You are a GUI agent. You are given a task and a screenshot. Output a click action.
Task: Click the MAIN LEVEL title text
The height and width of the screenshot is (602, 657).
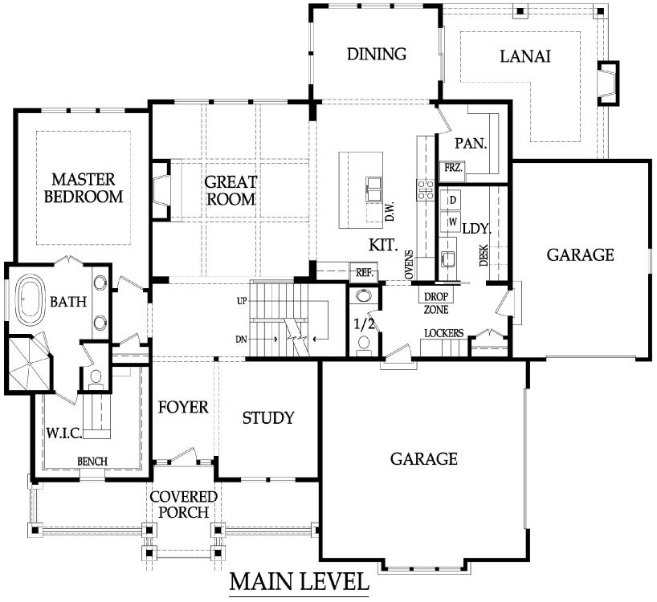(x=299, y=582)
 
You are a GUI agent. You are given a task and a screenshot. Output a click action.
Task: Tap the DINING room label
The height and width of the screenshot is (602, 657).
(x=377, y=54)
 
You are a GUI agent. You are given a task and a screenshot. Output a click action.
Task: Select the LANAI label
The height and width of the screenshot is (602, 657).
(x=525, y=56)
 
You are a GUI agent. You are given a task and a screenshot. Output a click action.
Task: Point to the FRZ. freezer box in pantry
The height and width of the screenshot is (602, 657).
(x=452, y=169)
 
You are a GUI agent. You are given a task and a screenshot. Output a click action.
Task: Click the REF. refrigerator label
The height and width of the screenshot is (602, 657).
(x=365, y=273)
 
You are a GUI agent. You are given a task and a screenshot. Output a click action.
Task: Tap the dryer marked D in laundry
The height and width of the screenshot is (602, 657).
(x=451, y=200)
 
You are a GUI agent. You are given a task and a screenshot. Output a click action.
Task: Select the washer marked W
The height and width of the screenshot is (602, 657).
(x=451, y=222)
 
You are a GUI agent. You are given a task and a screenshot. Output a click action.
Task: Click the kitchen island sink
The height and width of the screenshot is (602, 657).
(x=373, y=189)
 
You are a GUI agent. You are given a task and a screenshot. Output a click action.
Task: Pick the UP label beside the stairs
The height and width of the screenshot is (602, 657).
(x=242, y=301)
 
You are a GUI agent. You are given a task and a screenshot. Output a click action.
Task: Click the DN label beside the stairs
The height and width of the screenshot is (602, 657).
(x=241, y=340)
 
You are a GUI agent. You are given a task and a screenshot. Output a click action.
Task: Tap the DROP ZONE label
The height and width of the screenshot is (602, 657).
(x=436, y=303)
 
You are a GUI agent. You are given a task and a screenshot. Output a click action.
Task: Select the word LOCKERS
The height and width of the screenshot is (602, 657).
(x=443, y=333)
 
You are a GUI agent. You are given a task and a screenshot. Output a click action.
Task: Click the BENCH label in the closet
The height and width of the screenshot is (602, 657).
(x=92, y=462)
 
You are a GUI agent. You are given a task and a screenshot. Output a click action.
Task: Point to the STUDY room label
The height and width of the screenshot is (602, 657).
(x=268, y=418)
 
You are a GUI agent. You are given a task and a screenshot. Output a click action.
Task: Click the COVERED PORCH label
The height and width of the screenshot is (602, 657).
(x=183, y=504)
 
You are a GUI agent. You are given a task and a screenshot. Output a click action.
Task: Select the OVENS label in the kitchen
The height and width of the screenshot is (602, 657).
(x=410, y=265)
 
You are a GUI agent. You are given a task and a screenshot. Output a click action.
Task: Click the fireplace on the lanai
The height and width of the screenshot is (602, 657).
(x=608, y=83)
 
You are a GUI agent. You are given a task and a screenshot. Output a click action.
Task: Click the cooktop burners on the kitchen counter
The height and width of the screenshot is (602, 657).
(x=425, y=189)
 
